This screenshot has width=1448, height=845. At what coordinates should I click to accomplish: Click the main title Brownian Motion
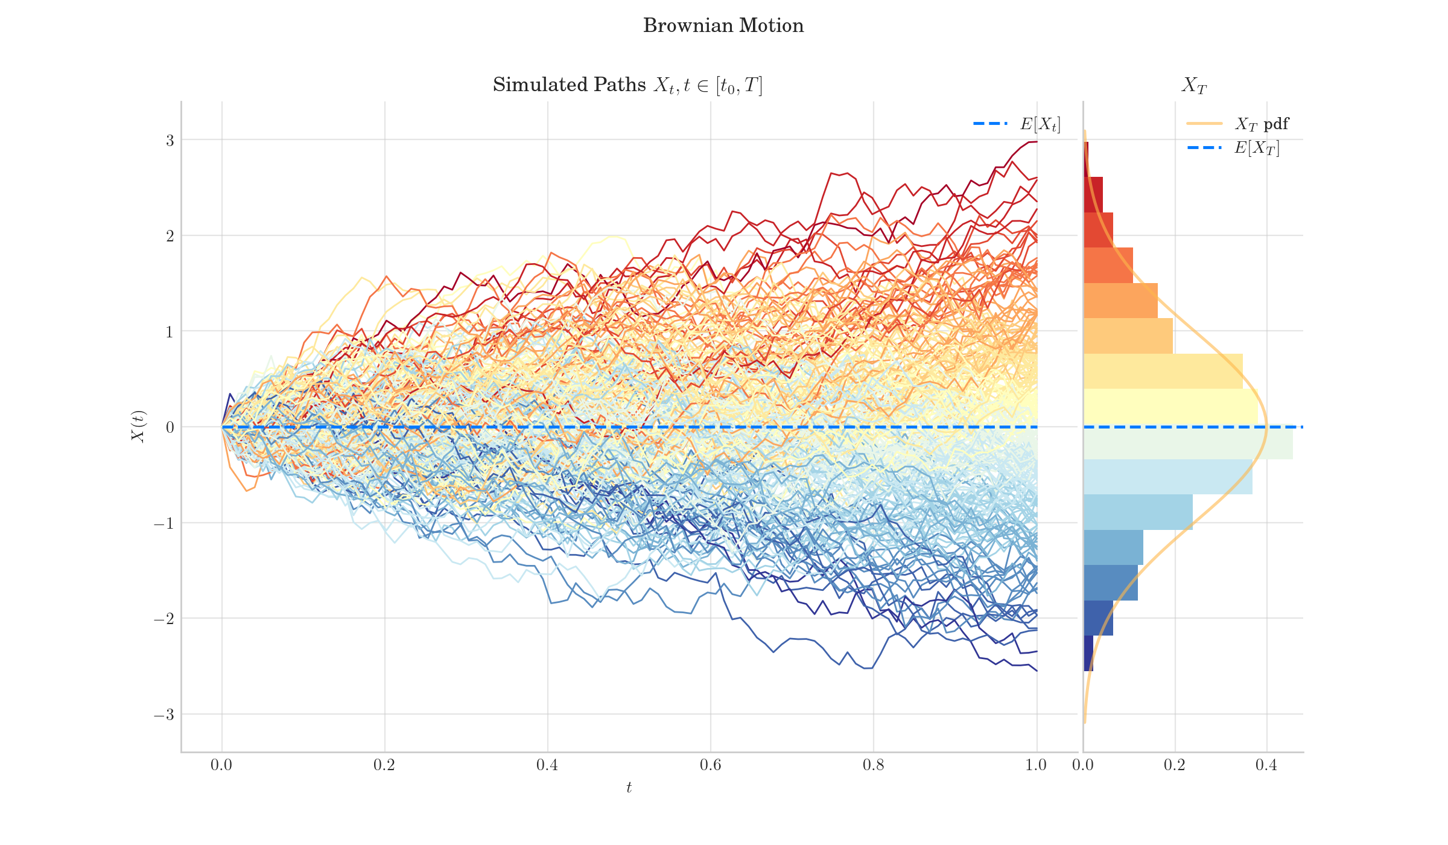723,26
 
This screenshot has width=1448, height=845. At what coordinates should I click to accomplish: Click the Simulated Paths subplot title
627,85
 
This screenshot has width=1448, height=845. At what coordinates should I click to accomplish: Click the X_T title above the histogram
1193,86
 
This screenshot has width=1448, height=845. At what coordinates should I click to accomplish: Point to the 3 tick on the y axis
170,141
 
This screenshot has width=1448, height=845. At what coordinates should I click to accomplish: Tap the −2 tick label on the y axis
164,619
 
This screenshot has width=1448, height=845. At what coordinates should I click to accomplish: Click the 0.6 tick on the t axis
710,765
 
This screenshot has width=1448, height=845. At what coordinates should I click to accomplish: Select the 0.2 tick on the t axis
384,765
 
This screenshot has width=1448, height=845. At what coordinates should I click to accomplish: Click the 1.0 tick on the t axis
1036,765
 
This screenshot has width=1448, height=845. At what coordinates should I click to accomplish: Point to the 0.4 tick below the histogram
1266,765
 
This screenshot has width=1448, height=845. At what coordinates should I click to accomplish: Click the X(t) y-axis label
139,427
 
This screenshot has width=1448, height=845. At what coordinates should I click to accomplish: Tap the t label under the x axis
629,788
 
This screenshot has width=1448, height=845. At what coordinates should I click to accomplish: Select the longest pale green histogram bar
1187,444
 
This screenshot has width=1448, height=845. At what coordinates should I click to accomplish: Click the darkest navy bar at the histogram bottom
1088,653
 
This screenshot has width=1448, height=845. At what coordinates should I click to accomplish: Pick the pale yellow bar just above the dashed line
1170,407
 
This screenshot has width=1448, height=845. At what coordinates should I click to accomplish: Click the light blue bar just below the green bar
1167,477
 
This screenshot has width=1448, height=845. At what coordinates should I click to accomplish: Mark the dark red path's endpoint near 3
1036,142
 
